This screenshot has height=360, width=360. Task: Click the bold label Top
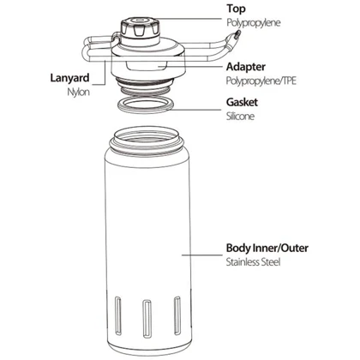tap(236, 9)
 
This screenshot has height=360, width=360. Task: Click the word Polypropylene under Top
tap(254, 23)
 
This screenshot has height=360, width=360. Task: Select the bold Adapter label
tap(246, 67)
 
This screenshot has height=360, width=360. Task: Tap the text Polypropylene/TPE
tap(261, 81)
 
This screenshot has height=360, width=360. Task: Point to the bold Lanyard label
tap(69, 78)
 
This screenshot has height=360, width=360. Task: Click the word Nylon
tap(79, 92)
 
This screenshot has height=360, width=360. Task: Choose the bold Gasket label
tap(242, 102)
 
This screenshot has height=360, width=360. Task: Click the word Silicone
tap(240, 116)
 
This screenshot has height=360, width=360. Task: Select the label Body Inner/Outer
tap(267, 248)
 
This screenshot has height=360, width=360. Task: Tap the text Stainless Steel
tap(253, 262)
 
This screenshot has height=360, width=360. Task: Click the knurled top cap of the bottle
tap(139, 27)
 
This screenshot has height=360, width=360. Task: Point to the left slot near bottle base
tap(117, 315)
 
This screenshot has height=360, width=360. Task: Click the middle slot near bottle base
tap(147, 318)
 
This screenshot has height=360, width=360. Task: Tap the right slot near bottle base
tap(177, 315)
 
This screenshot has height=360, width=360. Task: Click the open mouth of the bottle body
tap(146, 136)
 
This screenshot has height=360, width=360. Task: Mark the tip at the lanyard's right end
tap(237, 33)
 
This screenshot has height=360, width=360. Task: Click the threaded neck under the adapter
tap(145, 84)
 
